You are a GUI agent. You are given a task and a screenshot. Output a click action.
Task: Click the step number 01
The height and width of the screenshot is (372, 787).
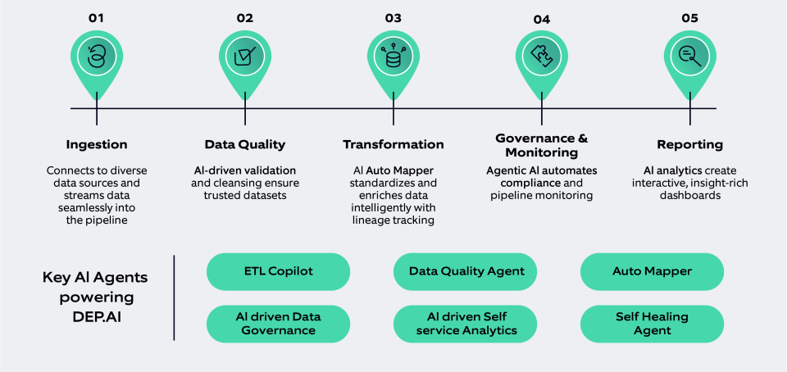[97, 16]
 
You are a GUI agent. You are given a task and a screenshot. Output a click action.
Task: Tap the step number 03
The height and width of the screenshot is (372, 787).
[393, 16]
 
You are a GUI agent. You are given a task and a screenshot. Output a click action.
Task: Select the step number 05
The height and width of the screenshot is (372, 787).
[689, 16]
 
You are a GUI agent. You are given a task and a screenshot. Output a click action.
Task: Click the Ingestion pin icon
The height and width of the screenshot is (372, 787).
[97, 57]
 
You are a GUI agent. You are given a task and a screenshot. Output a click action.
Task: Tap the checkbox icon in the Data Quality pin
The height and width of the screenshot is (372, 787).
[244, 57]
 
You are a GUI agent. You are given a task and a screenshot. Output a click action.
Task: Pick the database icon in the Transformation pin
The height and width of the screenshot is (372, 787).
[393, 57]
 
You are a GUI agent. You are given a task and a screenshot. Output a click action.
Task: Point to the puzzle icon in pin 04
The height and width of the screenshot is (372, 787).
[541, 57]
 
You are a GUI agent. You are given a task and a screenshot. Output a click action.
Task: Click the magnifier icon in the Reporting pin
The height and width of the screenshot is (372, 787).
[689, 57]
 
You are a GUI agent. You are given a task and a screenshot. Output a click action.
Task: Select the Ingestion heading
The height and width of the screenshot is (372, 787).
[97, 144]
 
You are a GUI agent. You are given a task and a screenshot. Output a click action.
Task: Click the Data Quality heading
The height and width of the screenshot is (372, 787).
[244, 144]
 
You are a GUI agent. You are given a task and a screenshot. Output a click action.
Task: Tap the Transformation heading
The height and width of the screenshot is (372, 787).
[393, 144]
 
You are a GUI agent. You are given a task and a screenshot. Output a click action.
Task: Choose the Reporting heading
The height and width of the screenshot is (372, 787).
[689, 144]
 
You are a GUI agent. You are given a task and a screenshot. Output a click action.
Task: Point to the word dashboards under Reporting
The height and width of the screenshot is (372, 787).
[689, 196]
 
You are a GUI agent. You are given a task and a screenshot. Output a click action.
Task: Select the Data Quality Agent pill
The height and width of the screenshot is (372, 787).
[466, 270]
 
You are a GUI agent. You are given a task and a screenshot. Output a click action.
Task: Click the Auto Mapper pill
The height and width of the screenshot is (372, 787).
[652, 270]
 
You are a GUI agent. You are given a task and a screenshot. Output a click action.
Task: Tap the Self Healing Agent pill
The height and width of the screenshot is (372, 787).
[652, 323]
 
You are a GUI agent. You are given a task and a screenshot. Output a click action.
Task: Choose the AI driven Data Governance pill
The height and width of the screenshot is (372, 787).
[278, 323]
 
